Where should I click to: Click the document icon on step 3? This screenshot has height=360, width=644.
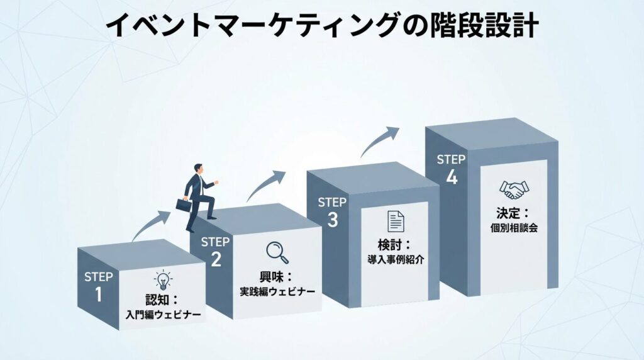395,222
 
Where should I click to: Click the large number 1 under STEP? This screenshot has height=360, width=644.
98,295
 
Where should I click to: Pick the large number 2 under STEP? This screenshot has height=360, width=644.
216,259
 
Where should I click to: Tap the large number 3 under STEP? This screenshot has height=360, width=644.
333,219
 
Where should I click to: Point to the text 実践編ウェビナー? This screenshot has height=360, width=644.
277,292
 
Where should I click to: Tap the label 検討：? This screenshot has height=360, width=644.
395,245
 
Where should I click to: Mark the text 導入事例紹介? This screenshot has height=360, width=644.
395,259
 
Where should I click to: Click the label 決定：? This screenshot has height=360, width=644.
514,213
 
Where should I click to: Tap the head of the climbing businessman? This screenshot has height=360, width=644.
199,169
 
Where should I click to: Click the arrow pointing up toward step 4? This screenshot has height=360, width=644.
380,142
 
